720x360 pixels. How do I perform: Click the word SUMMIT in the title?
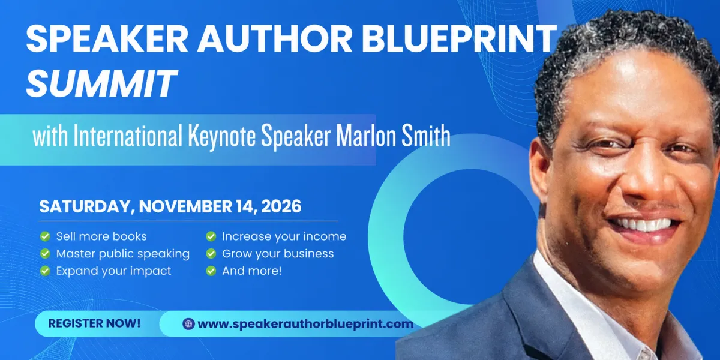tap(101, 83)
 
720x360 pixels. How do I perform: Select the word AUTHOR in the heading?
tap(275, 38)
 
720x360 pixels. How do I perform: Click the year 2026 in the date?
tap(281, 206)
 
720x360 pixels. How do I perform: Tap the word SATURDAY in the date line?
tap(85, 206)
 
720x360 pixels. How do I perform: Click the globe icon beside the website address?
tap(188, 323)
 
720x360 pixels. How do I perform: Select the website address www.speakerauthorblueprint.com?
tap(305, 324)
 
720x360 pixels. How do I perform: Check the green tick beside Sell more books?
tap(45, 236)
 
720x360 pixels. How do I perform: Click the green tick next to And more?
tap(211, 271)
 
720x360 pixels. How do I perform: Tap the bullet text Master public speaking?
tap(123, 254)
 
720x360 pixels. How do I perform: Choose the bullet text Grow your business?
tap(278, 254)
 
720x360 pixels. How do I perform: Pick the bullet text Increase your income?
tap(284, 236)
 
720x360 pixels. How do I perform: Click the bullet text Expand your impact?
tap(113, 271)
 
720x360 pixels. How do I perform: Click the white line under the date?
tap(188, 221)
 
